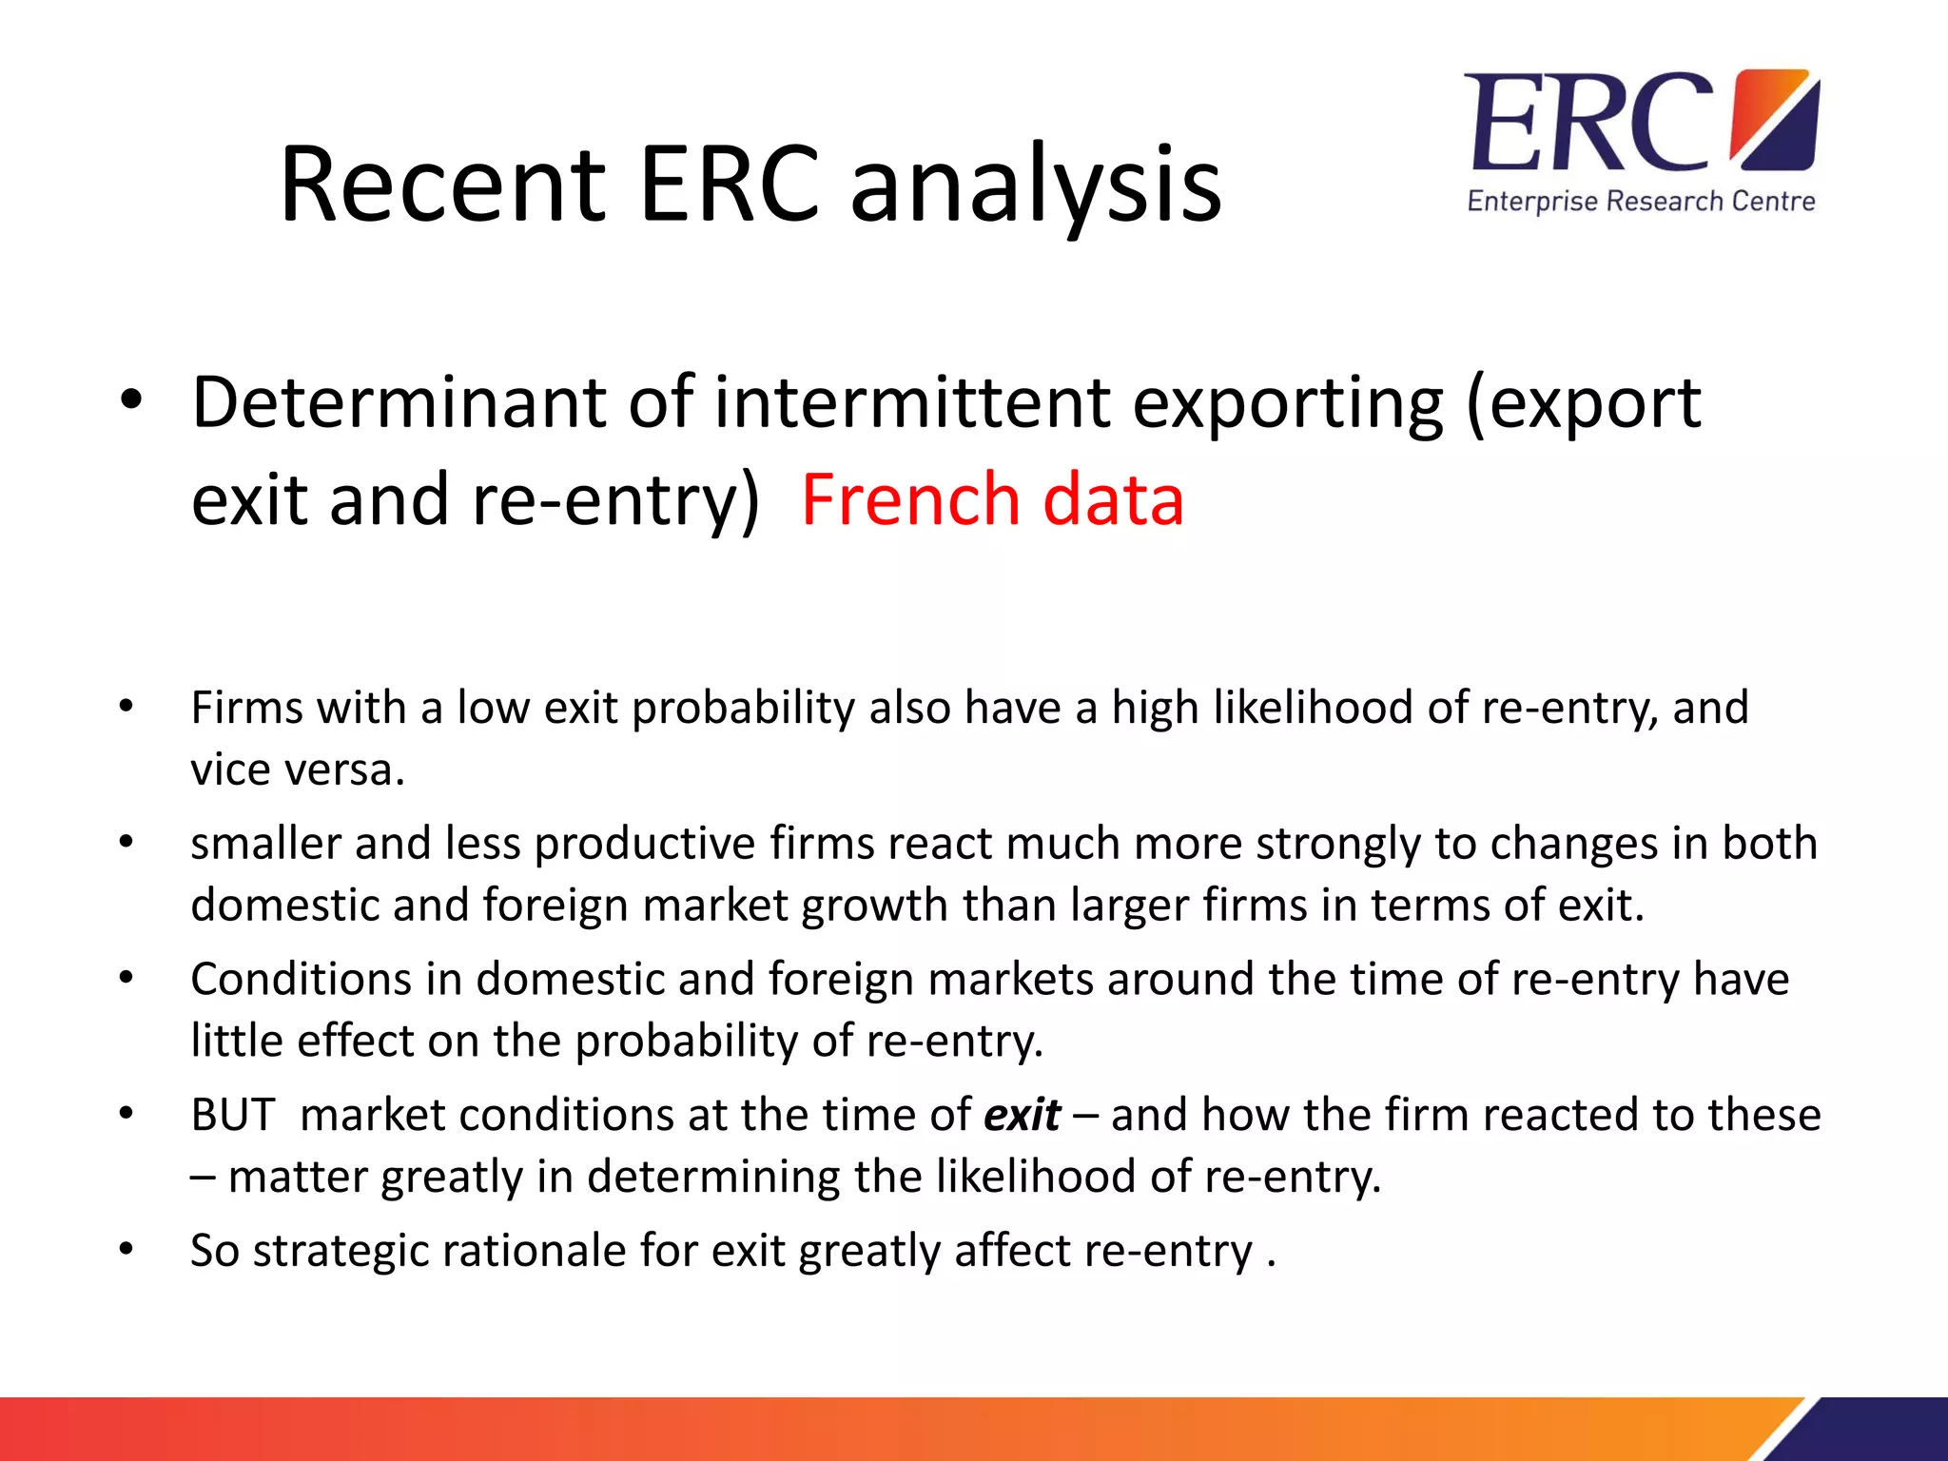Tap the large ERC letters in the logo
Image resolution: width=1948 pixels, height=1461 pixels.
point(1588,124)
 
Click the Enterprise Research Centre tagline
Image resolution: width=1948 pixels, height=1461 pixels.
point(1641,202)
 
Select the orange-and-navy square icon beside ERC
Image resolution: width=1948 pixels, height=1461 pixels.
point(1775,119)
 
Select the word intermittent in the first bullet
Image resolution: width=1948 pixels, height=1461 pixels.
point(912,402)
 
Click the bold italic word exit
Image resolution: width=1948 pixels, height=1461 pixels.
point(1022,1115)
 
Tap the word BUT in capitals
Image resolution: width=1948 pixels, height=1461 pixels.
point(233,1115)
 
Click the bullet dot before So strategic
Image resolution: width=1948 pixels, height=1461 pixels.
point(126,1249)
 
